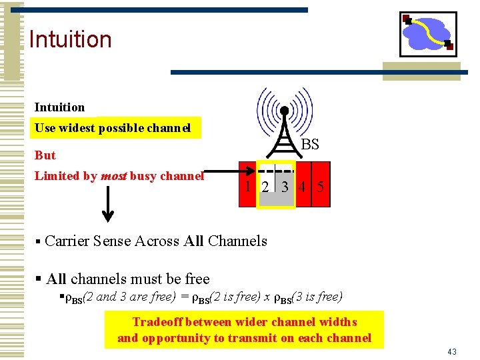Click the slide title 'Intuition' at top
(70, 39)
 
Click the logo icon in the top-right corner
(427, 34)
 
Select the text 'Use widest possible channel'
(113, 128)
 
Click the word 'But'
(45, 155)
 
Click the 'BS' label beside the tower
(310, 145)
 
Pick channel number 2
(265, 187)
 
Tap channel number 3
(285, 187)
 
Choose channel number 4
(303, 187)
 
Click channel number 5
(321, 187)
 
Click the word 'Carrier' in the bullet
(67, 241)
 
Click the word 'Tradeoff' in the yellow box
(158, 322)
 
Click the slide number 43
(451, 351)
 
